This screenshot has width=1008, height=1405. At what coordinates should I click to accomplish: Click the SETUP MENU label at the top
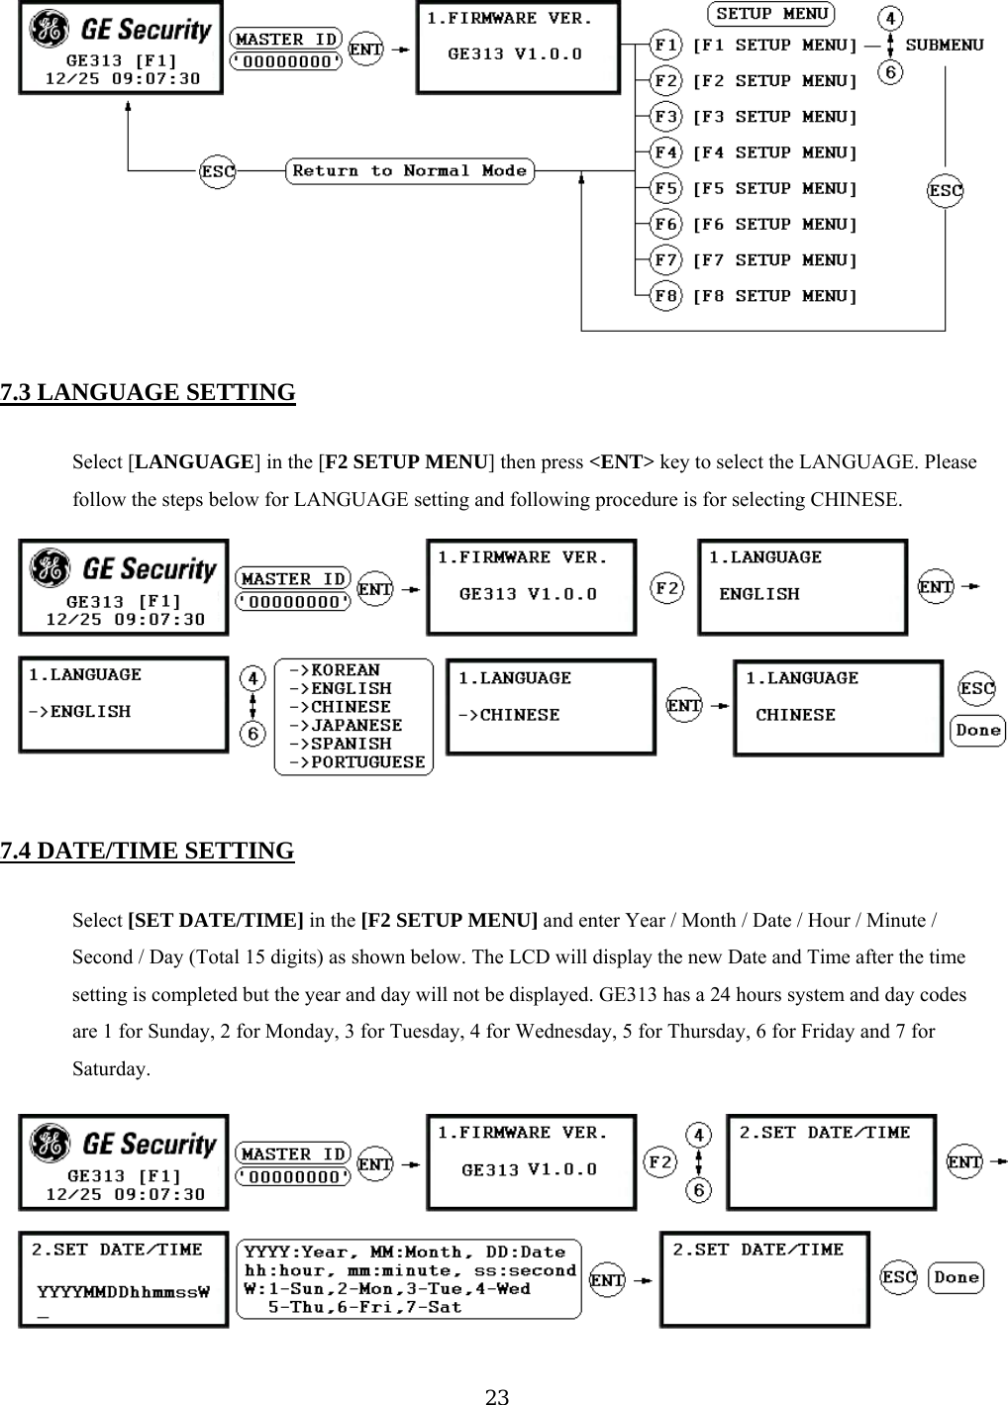click(x=771, y=14)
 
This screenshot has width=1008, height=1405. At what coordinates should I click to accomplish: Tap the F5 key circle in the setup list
click(x=666, y=188)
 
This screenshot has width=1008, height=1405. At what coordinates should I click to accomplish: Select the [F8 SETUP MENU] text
click(x=774, y=296)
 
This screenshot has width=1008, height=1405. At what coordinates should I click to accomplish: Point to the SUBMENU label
click(x=945, y=45)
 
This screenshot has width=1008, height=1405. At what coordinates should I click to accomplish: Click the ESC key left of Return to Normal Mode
click(x=218, y=171)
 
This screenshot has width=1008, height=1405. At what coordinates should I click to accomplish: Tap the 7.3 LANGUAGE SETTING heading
click(x=148, y=393)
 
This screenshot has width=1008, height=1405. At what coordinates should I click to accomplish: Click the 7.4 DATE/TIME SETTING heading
click(x=148, y=852)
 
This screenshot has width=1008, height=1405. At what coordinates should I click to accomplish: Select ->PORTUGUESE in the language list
click(x=356, y=762)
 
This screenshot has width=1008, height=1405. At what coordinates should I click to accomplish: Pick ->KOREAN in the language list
click(x=334, y=670)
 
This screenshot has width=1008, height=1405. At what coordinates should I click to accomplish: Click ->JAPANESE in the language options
click(x=345, y=726)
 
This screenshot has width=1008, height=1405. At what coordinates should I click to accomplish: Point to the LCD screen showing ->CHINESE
click(x=551, y=707)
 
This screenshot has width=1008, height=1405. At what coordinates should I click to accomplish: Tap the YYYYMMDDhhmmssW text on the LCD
click(x=124, y=1291)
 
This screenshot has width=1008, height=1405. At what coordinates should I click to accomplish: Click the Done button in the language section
click(x=977, y=731)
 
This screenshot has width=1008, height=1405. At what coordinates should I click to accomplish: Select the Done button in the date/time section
click(x=956, y=1277)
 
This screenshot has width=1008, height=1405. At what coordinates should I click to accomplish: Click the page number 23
click(x=497, y=1396)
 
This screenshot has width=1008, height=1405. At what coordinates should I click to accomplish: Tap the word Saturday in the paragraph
click(x=110, y=1069)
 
